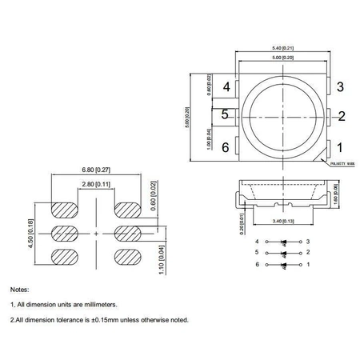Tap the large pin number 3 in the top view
340,86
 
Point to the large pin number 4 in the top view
226,86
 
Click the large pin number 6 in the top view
226,147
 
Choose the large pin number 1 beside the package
340,147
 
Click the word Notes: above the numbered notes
19,288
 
